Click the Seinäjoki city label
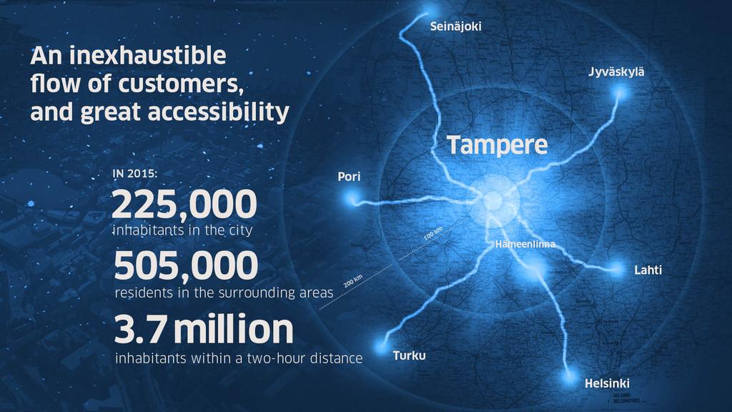(x=455, y=26)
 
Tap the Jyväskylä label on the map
(x=616, y=72)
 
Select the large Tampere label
(x=498, y=145)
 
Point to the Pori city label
(x=349, y=177)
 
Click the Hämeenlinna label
(x=525, y=245)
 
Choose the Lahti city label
(x=648, y=270)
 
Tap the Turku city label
(x=410, y=355)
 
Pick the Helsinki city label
(x=607, y=383)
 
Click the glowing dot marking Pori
(x=351, y=200)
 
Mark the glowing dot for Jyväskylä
(x=620, y=93)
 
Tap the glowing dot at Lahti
(x=617, y=269)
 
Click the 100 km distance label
(x=433, y=233)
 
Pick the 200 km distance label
(x=353, y=282)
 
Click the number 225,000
(x=184, y=205)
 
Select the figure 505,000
(x=186, y=266)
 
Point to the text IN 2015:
(x=135, y=174)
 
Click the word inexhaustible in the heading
(x=147, y=56)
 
